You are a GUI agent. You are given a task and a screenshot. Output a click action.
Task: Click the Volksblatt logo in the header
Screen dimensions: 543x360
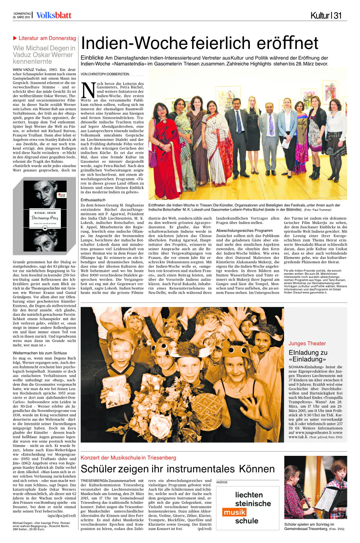(54, 15)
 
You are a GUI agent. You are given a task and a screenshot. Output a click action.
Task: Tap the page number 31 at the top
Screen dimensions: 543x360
(337, 15)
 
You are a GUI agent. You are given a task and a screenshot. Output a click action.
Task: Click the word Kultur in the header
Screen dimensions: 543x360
(320, 15)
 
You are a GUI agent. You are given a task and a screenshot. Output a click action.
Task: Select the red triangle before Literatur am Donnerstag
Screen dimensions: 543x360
(15, 38)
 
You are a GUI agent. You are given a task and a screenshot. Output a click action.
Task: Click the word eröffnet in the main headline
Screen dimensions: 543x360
(288, 43)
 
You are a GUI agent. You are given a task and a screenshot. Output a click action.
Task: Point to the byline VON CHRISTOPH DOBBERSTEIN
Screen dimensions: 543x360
(105, 74)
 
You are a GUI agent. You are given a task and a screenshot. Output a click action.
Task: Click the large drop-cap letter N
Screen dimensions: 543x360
(88, 90)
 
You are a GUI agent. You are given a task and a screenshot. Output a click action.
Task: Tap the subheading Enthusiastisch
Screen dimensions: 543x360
(93, 200)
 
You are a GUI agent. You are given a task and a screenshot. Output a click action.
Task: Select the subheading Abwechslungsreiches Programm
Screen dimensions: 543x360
(244, 230)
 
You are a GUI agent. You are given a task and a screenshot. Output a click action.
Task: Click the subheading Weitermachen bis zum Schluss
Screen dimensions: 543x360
(40, 353)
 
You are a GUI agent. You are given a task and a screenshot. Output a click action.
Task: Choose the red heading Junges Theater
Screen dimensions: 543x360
(307, 344)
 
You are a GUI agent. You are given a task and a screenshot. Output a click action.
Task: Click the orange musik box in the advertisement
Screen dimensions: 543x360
(234, 512)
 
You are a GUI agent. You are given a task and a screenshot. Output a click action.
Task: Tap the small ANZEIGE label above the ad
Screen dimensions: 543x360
(222, 482)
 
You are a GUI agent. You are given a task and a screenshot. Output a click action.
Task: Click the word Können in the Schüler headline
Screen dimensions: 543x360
(256, 469)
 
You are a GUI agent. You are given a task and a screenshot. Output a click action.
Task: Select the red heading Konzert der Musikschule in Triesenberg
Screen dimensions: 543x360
(128, 458)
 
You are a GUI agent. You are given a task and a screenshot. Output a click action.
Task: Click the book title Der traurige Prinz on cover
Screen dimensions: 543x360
(45, 218)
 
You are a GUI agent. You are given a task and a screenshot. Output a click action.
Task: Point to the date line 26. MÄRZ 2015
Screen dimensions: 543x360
(22, 17)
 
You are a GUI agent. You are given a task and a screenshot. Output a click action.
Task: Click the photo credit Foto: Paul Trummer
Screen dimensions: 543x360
(318, 210)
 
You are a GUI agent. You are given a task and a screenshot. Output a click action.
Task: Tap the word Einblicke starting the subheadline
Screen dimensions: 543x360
(92, 58)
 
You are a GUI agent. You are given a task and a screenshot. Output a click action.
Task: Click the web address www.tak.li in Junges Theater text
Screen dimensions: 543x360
(298, 437)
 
